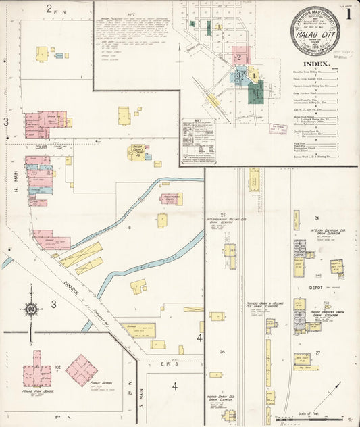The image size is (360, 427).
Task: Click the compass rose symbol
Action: click(x=30, y=310)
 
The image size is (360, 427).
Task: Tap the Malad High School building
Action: click(x=36, y=372)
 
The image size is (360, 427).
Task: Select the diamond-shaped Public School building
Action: click(x=82, y=370)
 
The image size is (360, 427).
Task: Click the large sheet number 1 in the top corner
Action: click(x=347, y=13)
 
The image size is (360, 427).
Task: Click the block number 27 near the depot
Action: click(x=317, y=353)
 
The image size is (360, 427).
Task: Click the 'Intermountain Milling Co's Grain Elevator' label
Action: click(x=223, y=222)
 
